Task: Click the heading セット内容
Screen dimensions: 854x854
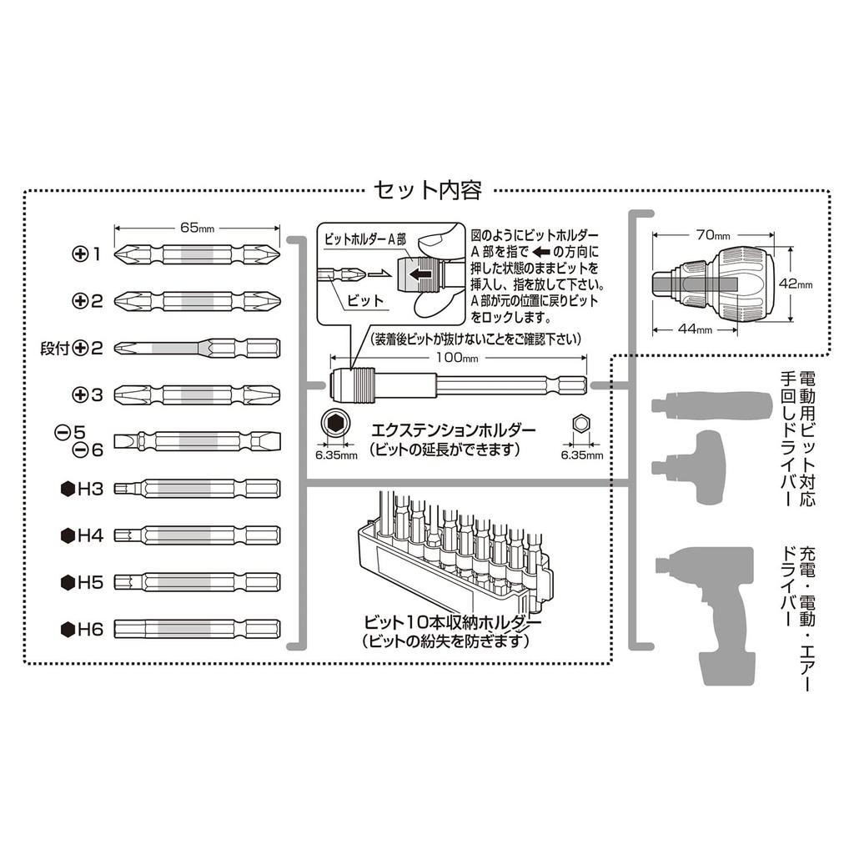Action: pos(428,191)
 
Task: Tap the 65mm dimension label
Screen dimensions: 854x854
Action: pos(197,227)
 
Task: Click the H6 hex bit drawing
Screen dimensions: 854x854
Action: pos(197,628)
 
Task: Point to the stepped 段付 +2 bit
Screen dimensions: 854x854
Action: pos(197,347)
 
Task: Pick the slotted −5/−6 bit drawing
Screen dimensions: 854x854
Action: pos(197,440)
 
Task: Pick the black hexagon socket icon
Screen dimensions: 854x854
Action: pos(334,424)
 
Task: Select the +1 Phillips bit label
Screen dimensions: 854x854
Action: pos(86,254)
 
